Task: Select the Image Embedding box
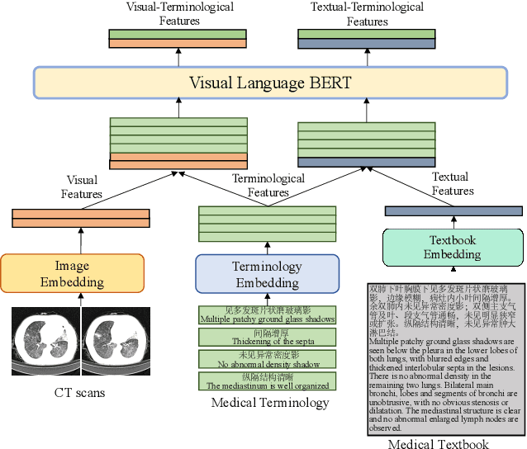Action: tap(72, 274)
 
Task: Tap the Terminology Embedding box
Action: tap(267, 274)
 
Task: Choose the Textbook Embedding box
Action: tap(453, 247)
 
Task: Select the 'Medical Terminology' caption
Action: tap(270, 403)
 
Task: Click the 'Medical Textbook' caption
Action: tap(439, 443)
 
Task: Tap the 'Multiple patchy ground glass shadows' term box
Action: tap(267, 314)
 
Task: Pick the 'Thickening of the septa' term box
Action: tap(267, 337)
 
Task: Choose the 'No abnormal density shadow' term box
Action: tap(267, 358)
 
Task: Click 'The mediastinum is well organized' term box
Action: tap(267, 380)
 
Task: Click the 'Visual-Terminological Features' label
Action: tap(178, 14)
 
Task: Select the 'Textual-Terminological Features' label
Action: tap(367, 14)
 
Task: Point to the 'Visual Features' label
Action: tap(81, 187)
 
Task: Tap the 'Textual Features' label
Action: tap(453, 183)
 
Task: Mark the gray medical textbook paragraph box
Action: tap(444, 358)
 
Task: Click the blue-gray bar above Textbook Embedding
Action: tap(453, 211)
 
